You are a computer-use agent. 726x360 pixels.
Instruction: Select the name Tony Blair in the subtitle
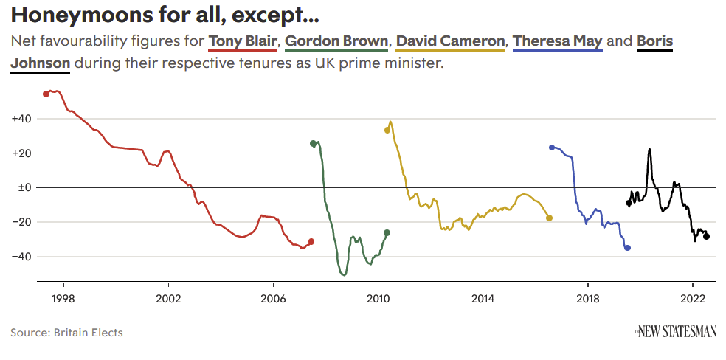243,41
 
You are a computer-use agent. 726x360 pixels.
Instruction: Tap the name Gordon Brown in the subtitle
336,41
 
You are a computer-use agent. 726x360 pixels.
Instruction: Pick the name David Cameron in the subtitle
451,41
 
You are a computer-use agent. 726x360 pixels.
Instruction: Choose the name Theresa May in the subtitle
558,41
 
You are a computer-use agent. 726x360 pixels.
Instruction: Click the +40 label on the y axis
21,119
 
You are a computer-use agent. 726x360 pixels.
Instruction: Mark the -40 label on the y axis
21,257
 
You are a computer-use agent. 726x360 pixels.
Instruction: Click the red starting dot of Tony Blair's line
46,94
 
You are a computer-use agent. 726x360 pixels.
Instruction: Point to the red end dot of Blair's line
311,241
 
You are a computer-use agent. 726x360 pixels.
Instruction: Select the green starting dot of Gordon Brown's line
314,144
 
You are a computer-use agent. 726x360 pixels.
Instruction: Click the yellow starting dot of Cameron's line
387,130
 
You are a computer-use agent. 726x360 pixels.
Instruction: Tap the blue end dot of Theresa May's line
627,248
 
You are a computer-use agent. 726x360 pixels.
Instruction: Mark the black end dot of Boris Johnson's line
706,236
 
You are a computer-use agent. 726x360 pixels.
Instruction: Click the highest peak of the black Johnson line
649,149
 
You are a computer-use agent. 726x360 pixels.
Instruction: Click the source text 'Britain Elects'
88,333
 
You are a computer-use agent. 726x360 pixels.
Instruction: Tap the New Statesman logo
676,332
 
